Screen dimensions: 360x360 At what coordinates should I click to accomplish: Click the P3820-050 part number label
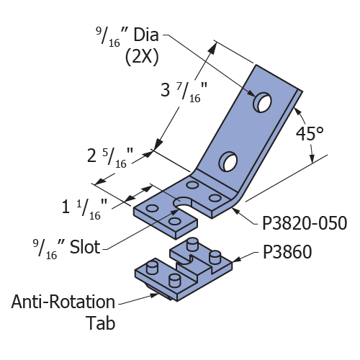click(305, 223)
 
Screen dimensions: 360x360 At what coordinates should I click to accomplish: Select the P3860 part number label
click(287, 252)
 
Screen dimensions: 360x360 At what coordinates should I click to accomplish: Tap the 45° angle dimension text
click(310, 134)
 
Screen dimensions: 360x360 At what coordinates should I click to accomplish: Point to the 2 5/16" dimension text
click(110, 158)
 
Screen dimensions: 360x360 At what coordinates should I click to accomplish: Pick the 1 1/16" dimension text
click(84, 210)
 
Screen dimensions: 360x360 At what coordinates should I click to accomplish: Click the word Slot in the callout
click(85, 247)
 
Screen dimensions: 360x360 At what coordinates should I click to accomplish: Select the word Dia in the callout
click(146, 35)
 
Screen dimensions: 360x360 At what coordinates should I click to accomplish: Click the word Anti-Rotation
click(63, 302)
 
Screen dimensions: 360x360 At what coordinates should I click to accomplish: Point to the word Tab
click(101, 323)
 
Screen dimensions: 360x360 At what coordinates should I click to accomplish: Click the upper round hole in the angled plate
click(262, 102)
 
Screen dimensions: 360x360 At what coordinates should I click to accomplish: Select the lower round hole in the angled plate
click(228, 161)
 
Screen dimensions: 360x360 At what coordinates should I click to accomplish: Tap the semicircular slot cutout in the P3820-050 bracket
click(183, 202)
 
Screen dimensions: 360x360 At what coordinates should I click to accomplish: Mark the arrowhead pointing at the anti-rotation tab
click(154, 294)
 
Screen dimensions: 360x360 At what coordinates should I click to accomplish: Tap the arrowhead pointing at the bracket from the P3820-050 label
click(235, 211)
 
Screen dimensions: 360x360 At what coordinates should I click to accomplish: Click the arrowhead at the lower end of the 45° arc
click(312, 158)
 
